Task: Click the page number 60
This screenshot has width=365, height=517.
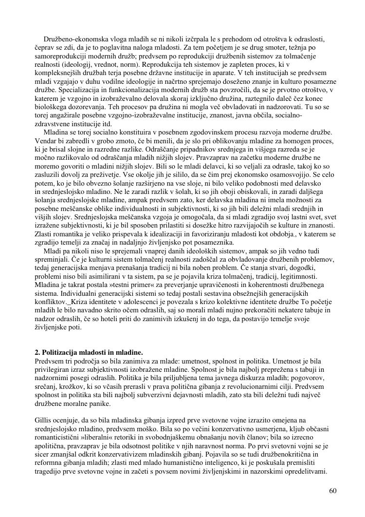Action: tap(332, 490)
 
